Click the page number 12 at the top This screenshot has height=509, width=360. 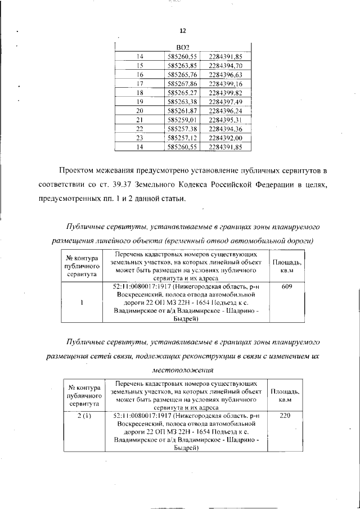(x=182, y=31)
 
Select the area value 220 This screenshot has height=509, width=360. (x=285, y=416)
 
